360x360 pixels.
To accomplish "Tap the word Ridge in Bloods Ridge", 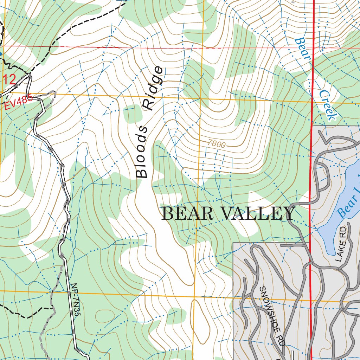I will (154, 88).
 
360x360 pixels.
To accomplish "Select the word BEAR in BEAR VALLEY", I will (185, 214).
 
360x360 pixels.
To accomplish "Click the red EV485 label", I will (18, 102).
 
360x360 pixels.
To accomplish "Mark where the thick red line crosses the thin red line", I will (313, 48).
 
